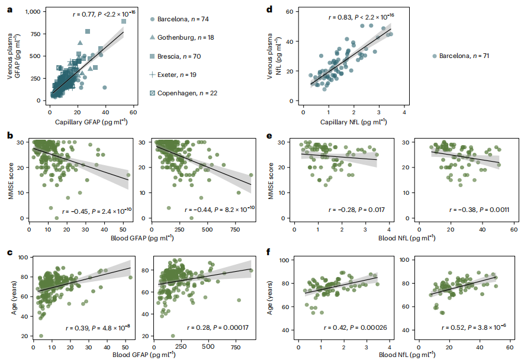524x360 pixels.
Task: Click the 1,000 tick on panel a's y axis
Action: [30, 12]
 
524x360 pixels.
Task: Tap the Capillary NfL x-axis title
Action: [353, 123]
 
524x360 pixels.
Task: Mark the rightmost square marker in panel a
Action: [124, 21]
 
